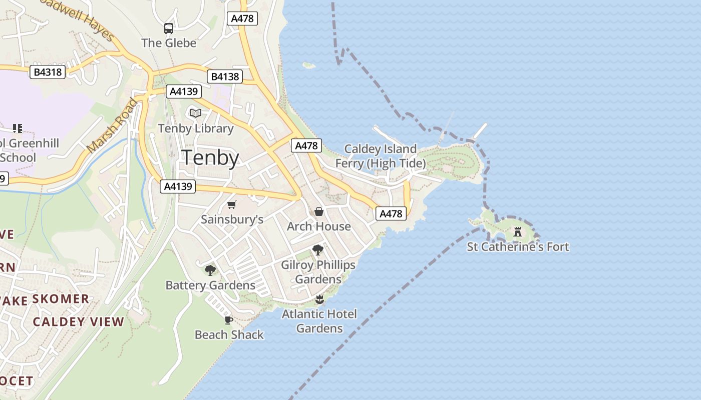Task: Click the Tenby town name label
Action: point(210,157)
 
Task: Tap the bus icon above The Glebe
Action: point(169,28)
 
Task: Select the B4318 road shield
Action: point(48,72)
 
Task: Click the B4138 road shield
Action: point(225,76)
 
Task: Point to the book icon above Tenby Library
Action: point(195,113)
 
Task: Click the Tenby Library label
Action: point(196,128)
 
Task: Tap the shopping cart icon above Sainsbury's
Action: point(231,204)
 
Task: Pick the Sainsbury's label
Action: point(232,219)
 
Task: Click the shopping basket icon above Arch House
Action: point(319,211)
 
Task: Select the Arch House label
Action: point(319,226)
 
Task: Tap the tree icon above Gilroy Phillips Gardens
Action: point(317,249)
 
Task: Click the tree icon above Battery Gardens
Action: point(210,270)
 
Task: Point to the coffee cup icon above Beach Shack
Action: point(229,320)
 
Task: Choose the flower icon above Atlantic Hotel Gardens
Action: point(319,299)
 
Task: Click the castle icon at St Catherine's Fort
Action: point(518,232)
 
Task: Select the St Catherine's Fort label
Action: point(518,247)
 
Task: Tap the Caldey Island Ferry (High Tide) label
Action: point(381,156)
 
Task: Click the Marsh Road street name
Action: point(112,126)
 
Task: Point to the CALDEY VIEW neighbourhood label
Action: point(78,322)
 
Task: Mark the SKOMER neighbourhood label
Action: point(61,299)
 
